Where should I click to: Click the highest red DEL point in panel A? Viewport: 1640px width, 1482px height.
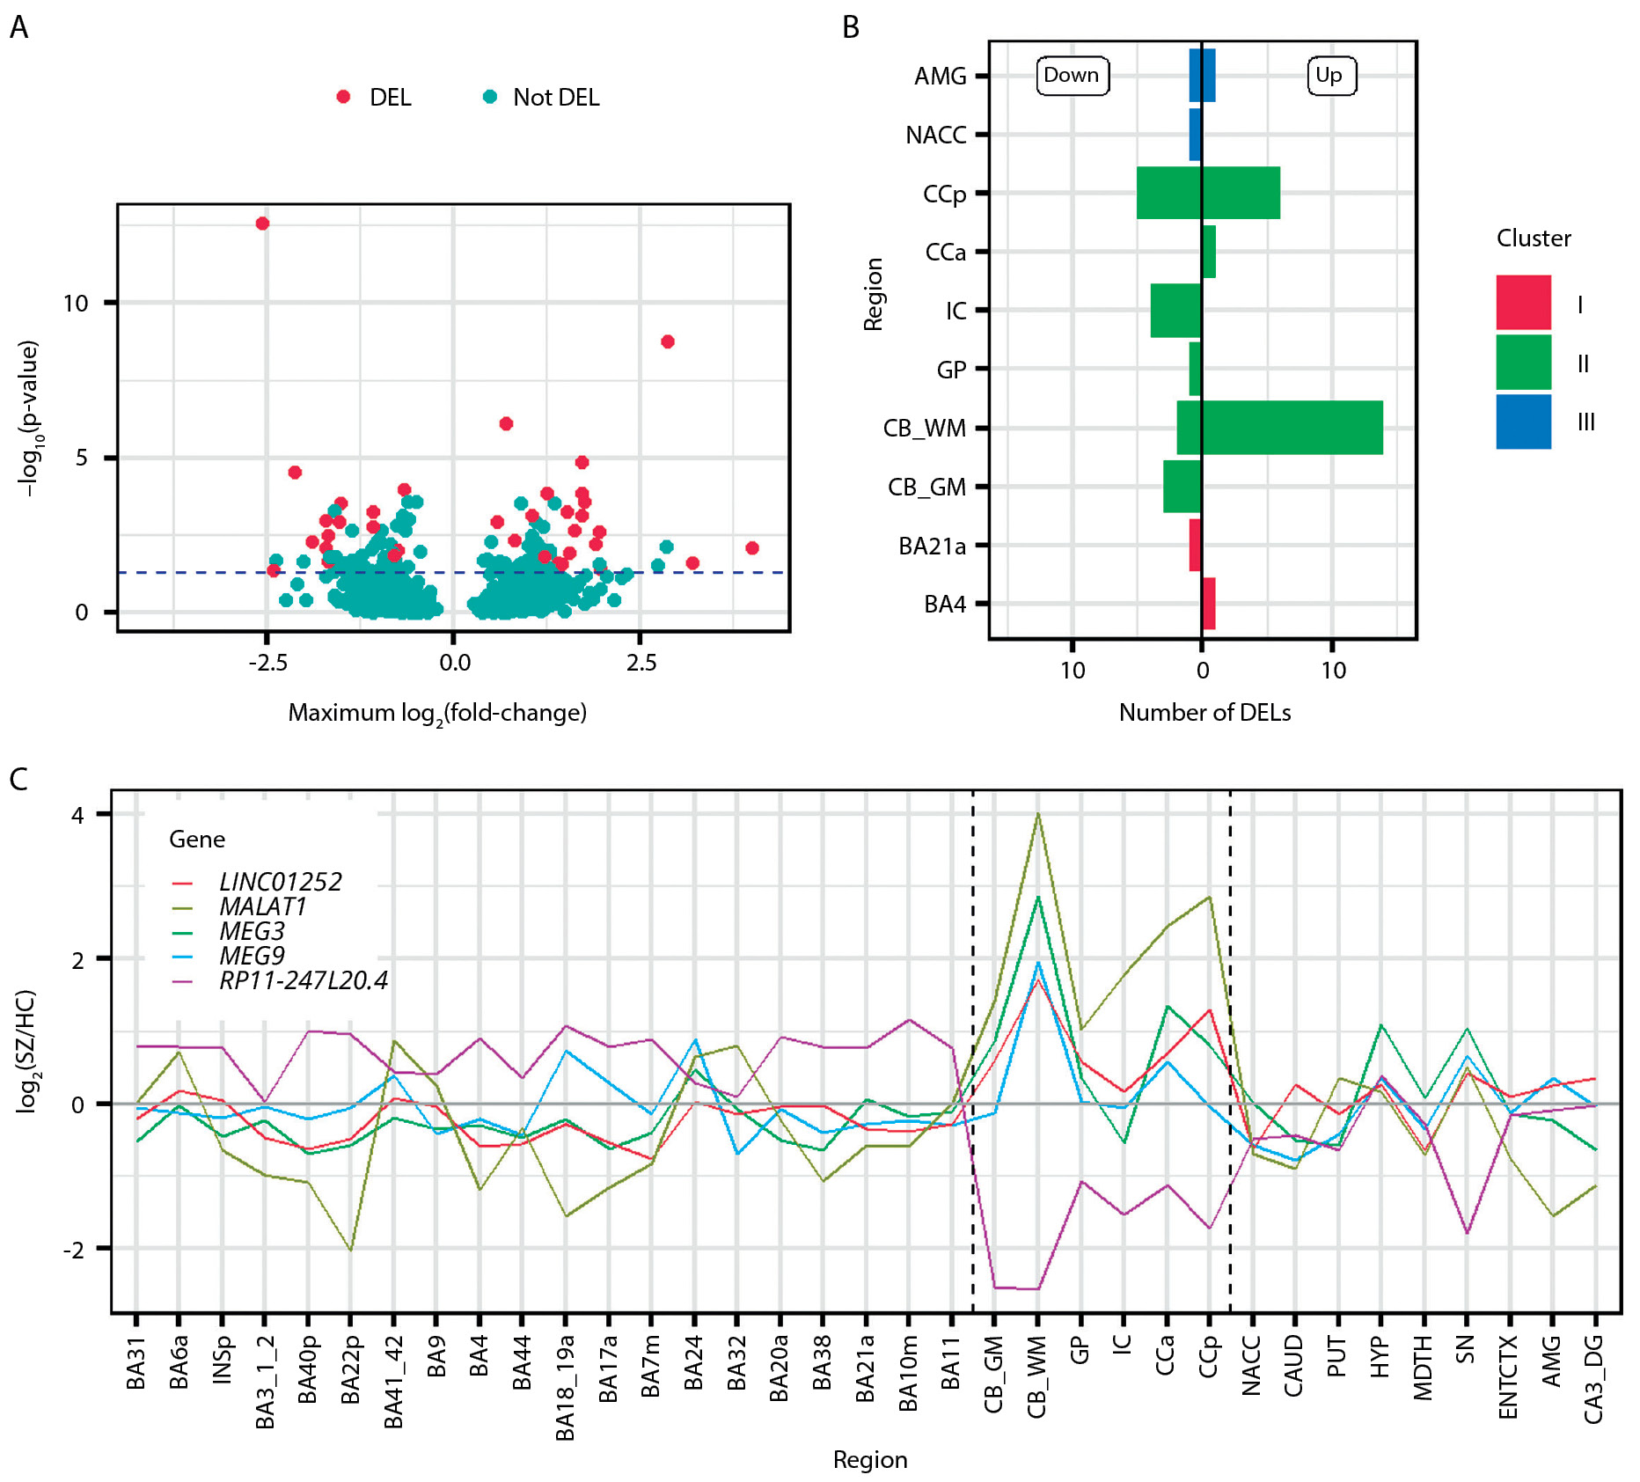pos(262,224)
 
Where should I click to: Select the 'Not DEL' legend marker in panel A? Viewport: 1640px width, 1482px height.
pos(490,97)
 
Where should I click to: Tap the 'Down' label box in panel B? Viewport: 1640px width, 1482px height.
pos(1072,76)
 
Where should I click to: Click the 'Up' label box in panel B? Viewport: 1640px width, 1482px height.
pos(1329,76)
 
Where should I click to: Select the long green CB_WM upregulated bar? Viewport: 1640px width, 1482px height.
pos(1292,428)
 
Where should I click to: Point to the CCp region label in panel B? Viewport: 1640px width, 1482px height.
pos(944,194)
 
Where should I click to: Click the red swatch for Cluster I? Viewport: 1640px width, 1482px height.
pos(1523,303)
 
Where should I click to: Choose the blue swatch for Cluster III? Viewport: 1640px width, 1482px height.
pos(1523,422)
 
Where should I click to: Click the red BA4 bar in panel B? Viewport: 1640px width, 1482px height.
pos(1209,604)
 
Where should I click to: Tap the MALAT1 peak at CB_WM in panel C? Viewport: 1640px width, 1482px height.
pos(1038,814)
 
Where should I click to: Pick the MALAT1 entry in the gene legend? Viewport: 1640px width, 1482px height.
pos(262,906)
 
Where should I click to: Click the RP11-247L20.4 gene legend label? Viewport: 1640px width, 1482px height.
pos(303,980)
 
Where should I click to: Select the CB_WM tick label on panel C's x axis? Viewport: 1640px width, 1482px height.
pos(1037,1376)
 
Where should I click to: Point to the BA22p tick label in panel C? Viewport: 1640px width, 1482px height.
pos(350,1370)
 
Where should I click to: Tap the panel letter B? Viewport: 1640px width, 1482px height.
pos(851,27)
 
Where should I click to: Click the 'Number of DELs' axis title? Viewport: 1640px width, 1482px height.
pos(1204,713)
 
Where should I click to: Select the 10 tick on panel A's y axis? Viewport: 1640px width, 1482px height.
pos(77,304)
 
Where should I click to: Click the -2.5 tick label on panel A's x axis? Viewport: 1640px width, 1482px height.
pos(267,663)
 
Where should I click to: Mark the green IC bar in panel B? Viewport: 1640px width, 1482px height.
pos(1175,311)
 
